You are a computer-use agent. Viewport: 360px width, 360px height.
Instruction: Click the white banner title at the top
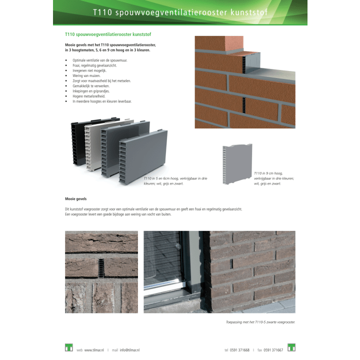coord(180,12)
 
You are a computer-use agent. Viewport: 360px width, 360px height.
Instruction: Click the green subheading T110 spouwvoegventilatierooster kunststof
coord(108,34)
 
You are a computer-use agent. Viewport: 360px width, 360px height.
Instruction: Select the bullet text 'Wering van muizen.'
coord(86,75)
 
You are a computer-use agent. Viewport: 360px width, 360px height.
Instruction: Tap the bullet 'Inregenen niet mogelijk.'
coord(89,70)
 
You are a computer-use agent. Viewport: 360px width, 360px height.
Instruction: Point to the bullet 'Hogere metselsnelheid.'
coord(89,96)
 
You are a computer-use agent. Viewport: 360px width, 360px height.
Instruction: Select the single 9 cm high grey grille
coord(237,164)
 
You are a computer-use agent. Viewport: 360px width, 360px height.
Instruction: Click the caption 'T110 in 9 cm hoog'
coord(268,173)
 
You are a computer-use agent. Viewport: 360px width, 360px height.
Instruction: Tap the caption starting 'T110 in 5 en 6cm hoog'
coord(175,181)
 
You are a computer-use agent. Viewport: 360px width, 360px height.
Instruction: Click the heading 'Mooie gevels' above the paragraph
coord(76,199)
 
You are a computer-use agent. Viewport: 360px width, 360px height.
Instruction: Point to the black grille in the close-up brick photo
coord(101,267)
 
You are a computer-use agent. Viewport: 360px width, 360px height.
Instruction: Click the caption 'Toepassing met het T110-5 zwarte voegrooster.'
coord(260,322)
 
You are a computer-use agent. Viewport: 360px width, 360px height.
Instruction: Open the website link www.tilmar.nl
coord(94,350)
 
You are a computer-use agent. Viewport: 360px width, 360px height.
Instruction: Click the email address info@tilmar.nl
coord(129,350)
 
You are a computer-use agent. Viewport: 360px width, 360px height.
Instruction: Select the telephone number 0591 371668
coord(239,350)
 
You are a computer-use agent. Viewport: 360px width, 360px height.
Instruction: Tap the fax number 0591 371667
coord(273,350)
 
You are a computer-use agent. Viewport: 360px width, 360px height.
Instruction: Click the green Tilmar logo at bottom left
coord(69,347)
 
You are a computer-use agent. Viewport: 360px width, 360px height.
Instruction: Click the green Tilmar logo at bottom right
coord(291,347)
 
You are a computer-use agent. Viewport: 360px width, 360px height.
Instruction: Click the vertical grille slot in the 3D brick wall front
coord(244,105)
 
